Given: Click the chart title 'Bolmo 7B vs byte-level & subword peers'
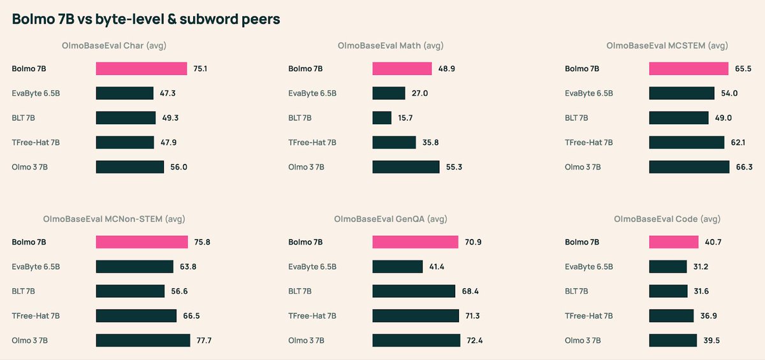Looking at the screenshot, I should click(x=146, y=20).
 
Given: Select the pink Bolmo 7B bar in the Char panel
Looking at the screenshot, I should click(x=142, y=69).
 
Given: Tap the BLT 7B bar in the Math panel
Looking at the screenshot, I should click(x=382, y=118).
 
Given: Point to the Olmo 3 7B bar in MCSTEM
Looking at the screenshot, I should click(x=689, y=167).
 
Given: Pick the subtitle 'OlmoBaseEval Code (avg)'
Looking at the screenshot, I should click(x=667, y=219).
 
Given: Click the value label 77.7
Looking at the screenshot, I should click(x=204, y=341).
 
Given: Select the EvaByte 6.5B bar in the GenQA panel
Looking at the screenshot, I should click(x=397, y=266).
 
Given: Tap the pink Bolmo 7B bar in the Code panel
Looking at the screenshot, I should click(x=674, y=242).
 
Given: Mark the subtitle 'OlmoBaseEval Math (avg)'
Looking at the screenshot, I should click(x=391, y=45).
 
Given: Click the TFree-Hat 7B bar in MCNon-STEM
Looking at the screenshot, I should click(x=136, y=316).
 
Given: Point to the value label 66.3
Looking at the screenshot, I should click(x=743, y=167).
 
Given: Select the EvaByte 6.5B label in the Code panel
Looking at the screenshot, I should click(x=588, y=267).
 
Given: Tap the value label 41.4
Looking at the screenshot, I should click(x=437, y=266).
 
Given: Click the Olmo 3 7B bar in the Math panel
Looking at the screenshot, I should click(x=406, y=167).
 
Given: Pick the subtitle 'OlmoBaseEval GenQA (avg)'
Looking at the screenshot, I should click(x=391, y=219).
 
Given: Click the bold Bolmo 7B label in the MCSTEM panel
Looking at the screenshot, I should click(x=582, y=69).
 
